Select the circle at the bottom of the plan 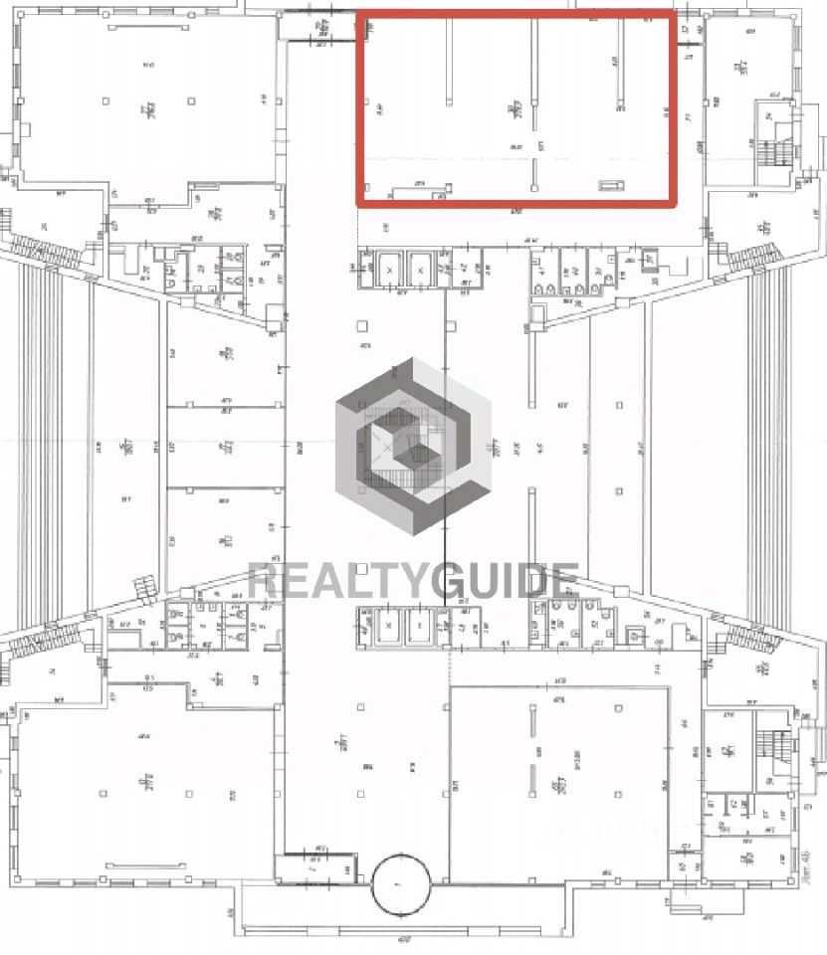(x=402, y=883)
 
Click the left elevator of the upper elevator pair (x=389, y=268)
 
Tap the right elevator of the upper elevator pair (x=422, y=268)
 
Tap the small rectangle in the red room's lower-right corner (x=609, y=184)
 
